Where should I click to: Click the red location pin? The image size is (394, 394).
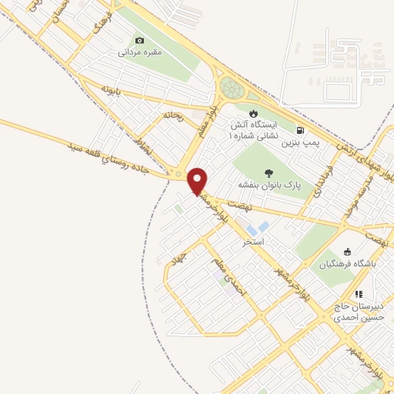[x=198, y=180]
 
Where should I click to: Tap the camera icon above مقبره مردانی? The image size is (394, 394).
[x=139, y=41]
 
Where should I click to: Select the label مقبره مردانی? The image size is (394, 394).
[x=139, y=54]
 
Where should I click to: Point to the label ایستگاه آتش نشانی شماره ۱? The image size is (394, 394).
[x=252, y=129]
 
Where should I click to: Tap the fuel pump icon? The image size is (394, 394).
[x=299, y=129]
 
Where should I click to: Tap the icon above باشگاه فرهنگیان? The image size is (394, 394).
[x=347, y=251]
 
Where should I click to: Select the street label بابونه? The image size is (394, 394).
[x=112, y=90]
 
